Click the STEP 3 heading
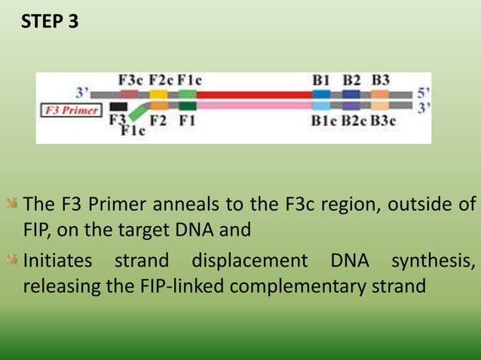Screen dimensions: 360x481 tap(49, 22)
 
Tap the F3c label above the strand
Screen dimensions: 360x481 tap(131, 80)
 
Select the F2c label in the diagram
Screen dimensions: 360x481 tap(160, 80)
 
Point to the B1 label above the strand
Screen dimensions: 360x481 tap(321, 80)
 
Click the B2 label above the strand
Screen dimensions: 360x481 tap(351, 80)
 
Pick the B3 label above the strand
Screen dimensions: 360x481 tap(381, 80)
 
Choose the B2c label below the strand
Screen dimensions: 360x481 tap(354, 120)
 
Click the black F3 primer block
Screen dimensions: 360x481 tap(118, 106)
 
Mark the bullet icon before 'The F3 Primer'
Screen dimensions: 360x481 tap(13, 203)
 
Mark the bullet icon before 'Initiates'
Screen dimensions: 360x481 tap(13, 261)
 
